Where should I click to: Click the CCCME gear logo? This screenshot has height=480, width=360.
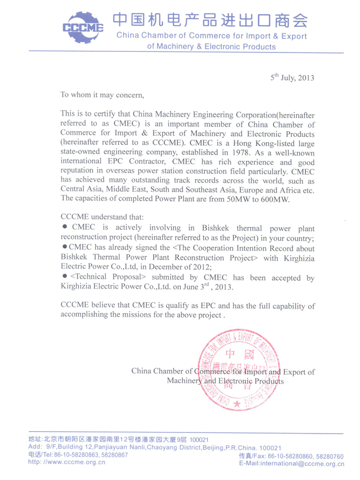83,28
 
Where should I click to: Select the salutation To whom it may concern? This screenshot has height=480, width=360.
102,95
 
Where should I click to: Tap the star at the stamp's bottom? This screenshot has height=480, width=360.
237,404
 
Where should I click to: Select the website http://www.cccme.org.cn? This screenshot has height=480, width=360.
67,462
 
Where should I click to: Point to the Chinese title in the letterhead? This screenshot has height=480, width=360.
209,21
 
